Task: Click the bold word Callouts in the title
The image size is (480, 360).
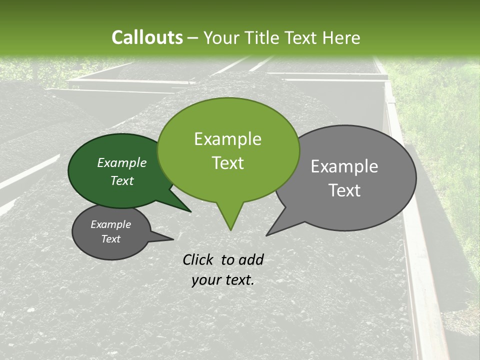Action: (x=147, y=38)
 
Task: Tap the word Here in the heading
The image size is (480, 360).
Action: (x=341, y=38)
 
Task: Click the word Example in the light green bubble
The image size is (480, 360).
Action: (x=227, y=139)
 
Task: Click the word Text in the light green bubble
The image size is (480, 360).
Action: (x=227, y=163)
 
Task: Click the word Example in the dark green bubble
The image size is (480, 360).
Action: (x=122, y=162)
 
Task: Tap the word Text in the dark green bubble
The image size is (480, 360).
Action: (x=122, y=180)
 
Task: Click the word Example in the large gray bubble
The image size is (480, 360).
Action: (x=344, y=166)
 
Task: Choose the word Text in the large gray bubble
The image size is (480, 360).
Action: (x=344, y=190)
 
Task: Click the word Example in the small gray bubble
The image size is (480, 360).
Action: (x=110, y=224)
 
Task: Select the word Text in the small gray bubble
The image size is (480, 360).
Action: (x=110, y=239)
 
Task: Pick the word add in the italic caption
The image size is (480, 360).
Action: (x=251, y=259)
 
